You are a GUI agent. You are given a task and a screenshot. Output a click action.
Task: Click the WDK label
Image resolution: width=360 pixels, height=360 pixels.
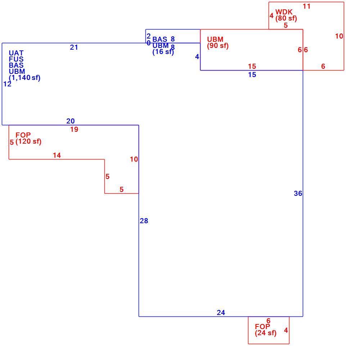point(284,12)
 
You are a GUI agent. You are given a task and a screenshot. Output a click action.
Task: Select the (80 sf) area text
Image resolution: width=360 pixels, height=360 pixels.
point(286,18)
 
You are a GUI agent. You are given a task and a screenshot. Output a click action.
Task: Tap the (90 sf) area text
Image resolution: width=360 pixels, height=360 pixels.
point(218,46)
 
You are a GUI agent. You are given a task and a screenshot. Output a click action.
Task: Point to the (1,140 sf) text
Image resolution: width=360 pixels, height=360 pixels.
point(24,78)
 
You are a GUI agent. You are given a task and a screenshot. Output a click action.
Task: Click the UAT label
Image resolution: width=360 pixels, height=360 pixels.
point(16,53)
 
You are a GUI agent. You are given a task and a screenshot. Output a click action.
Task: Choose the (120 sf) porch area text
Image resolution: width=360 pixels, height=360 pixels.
point(28,141)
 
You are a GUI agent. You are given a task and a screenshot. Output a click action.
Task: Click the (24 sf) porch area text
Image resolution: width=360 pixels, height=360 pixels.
point(266,333)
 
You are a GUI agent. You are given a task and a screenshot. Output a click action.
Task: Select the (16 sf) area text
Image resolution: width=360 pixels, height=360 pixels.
point(163,51)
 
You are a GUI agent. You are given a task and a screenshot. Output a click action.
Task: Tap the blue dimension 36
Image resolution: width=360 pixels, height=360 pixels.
point(298,194)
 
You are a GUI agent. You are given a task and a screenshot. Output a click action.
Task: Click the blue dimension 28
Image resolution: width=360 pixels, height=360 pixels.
point(144,221)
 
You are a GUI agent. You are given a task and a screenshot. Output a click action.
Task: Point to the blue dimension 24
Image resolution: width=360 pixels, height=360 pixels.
point(221,312)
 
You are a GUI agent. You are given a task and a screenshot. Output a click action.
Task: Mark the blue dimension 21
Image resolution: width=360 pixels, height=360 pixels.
point(74,47)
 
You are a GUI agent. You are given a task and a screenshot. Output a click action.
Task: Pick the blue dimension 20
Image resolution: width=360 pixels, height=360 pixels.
point(71,121)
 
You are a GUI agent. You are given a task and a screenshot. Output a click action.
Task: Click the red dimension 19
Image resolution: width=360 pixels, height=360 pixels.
point(74,130)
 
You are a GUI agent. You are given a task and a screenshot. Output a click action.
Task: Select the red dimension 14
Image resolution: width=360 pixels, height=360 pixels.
point(57,156)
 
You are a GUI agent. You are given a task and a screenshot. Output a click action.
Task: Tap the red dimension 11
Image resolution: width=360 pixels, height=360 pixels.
point(306,6)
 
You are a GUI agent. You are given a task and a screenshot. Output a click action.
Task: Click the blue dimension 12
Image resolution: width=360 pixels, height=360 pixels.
point(7,84)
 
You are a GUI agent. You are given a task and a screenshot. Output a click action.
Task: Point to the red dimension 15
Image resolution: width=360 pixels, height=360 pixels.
point(252,66)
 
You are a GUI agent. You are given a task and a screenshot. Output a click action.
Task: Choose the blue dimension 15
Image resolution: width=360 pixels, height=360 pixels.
point(252,75)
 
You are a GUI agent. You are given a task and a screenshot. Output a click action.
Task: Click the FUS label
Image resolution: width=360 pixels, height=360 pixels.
point(16,59)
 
